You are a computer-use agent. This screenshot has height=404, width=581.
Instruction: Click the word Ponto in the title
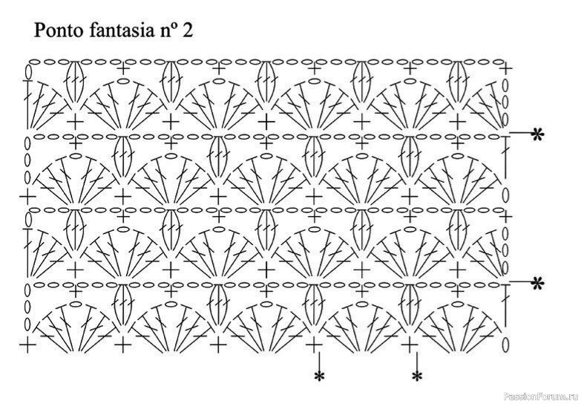[59, 30]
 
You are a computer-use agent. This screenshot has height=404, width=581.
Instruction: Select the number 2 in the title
[188, 30]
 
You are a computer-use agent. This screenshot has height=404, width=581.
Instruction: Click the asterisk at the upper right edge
[537, 134]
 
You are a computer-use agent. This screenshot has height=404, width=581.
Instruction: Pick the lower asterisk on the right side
[537, 284]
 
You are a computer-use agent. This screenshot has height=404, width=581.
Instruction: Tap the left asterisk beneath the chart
[318, 377]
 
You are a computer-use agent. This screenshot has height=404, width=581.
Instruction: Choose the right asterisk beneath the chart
[417, 377]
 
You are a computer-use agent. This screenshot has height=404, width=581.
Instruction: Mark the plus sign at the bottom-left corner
[27, 345]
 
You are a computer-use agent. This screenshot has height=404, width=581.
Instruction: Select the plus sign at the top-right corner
[505, 68]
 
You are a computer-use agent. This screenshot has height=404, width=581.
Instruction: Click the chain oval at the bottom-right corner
[505, 344]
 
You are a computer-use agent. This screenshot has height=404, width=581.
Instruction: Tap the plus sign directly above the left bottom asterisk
[314, 345]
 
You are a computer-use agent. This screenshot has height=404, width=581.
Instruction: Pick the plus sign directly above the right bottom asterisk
[410, 345]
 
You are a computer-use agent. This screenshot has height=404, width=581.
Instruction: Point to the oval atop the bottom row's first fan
[75, 304]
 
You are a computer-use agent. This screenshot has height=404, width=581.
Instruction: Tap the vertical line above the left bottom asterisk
[318, 361]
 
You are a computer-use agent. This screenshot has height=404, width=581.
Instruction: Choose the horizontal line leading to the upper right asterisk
[521, 132]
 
